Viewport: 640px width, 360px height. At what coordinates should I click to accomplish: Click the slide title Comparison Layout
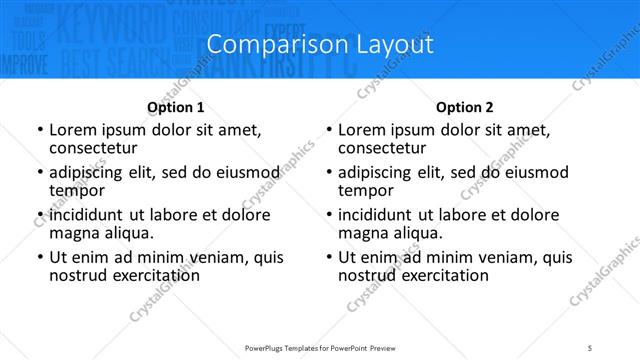click(320, 45)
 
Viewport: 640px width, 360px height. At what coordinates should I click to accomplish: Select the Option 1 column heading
click(176, 107)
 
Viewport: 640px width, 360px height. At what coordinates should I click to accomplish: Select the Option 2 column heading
click(465, 107)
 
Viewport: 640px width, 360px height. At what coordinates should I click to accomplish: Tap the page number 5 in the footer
click(590, 347)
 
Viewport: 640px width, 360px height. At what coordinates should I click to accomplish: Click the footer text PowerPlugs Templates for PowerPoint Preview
click(319, 347)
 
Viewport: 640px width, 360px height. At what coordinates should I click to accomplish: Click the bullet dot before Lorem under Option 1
click(40, 131)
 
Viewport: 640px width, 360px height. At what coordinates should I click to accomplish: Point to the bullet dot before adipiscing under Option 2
click(329, 173)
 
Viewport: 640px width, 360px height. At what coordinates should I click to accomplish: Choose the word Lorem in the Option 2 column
click(361, 130)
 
